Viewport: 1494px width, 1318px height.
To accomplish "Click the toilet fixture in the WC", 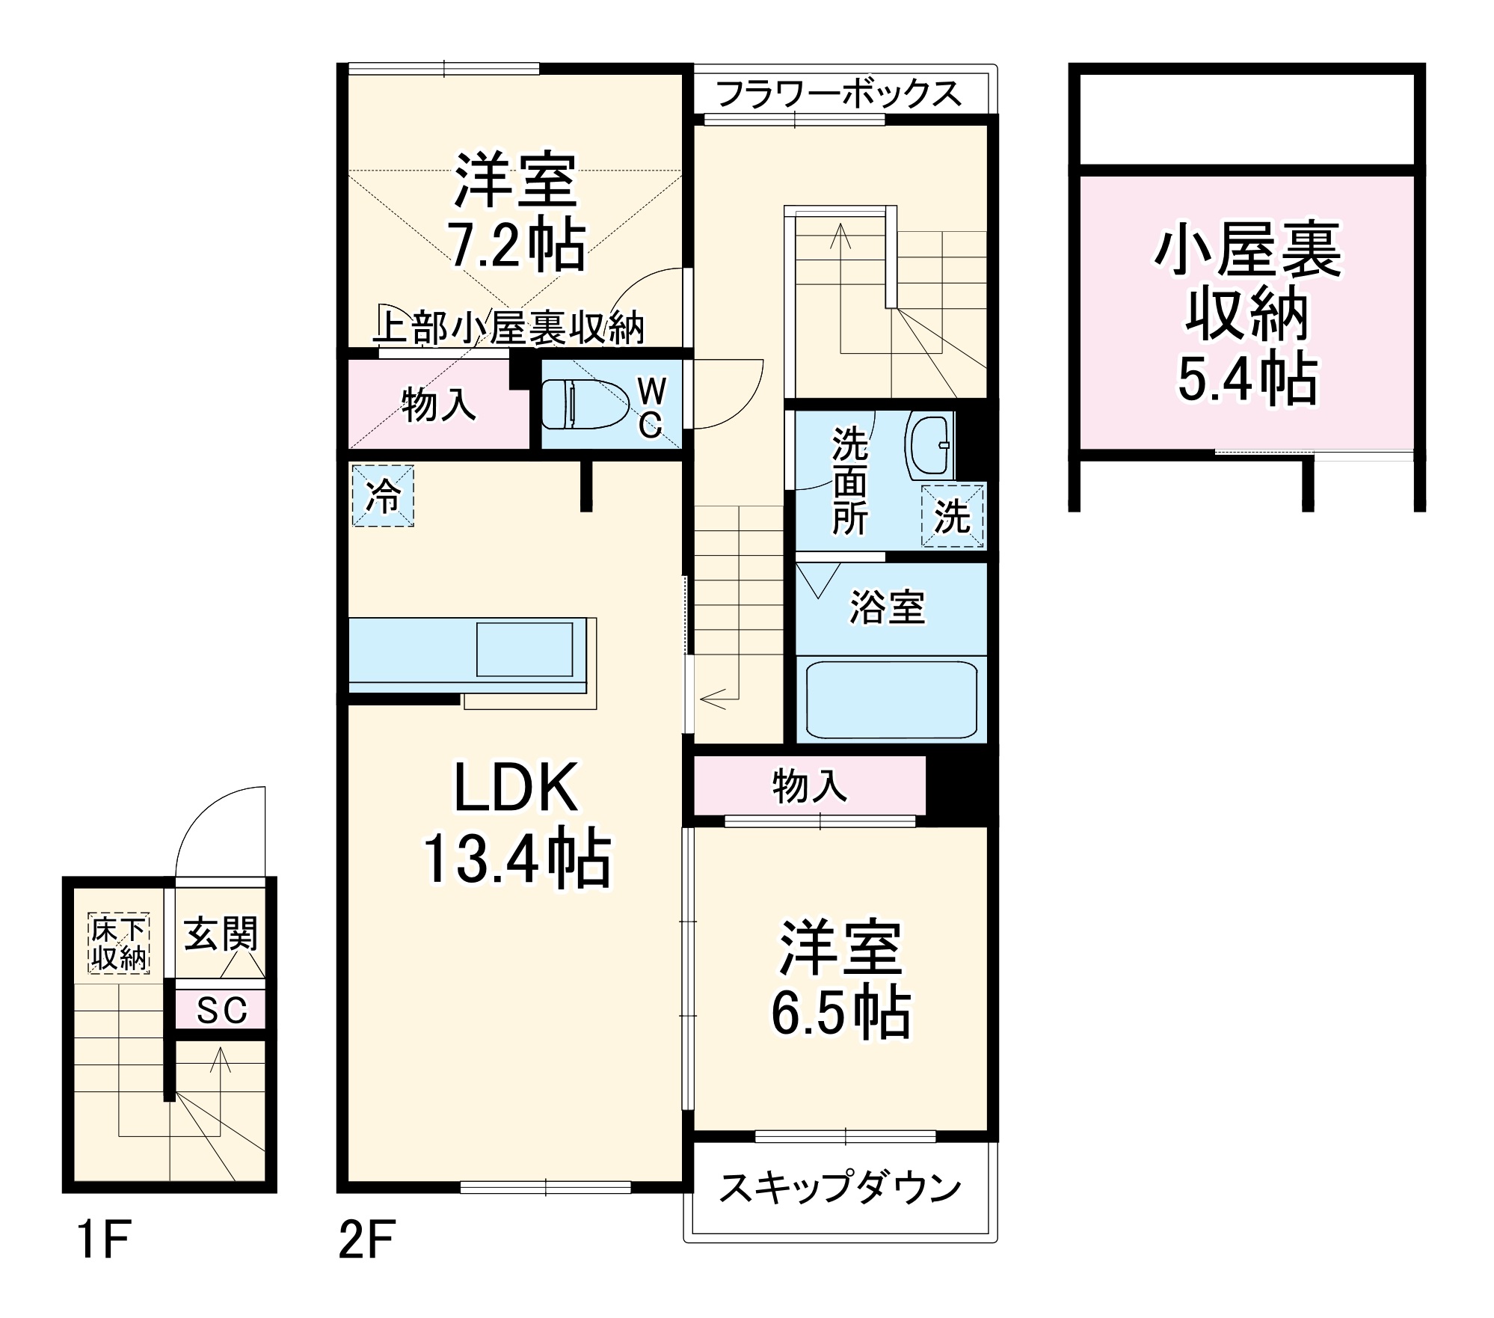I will click(x=584, y=403).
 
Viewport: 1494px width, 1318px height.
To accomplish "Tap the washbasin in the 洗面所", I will click(x=929, y=447).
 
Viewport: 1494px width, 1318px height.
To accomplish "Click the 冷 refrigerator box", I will click(x=383, y=495).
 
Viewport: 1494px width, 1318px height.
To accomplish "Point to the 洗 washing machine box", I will click(x=953, y=515).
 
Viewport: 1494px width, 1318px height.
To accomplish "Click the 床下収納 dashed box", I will click(x=119, y=943).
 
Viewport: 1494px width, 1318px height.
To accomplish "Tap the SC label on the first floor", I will click(x=222, y=1011).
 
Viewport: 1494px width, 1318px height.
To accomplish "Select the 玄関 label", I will click(x=221, y=934).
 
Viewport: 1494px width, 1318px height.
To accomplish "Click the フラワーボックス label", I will click(x=838, y=94).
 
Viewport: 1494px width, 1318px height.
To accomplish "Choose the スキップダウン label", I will click(x=840, y=1188).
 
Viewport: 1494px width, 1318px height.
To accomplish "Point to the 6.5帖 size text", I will click(x=840, y=1014).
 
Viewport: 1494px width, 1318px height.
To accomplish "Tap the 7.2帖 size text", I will click(x=517, y=245).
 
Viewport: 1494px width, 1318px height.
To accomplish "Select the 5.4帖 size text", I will click(x=1247, y=379).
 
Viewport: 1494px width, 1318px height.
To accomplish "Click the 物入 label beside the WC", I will click(x=439, y=405).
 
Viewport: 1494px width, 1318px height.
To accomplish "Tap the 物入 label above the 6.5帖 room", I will click(x=810, y=786).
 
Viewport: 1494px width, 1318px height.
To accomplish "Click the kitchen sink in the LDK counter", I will click(x=525, y=649).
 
